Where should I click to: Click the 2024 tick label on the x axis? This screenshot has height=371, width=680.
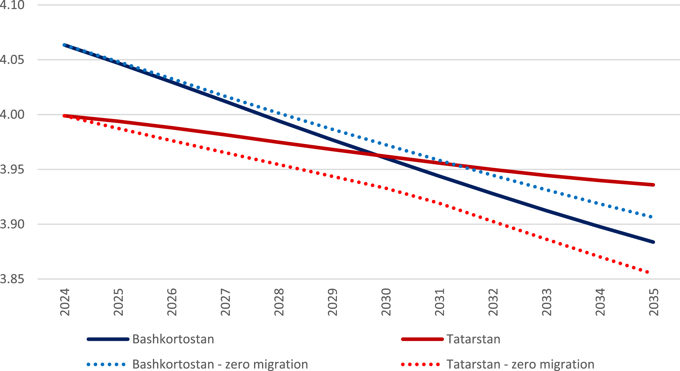click(65, 302)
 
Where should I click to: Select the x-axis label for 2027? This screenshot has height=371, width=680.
click(226, 302)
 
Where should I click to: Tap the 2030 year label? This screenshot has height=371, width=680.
click(386, 302)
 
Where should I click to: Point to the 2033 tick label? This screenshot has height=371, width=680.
click(546, 302)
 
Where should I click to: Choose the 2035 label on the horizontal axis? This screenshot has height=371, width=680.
click(654, 302)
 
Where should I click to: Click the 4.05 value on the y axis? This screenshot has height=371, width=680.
click(12, 60)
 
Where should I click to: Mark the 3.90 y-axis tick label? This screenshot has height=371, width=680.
click(12, 224)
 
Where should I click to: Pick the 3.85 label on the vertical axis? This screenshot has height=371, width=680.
click(12, 279)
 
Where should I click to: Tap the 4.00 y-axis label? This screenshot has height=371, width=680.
click(12, 114)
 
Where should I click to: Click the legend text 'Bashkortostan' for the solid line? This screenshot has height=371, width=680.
click(173, 339)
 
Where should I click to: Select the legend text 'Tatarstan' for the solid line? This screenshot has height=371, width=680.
click(473, 339)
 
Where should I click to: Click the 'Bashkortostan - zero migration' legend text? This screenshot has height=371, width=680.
click(220, 364)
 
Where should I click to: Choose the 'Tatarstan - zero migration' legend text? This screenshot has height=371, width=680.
click(520, 364)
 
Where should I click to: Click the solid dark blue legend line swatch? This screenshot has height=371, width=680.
click(108, 339)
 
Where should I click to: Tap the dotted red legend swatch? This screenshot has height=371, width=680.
click(420, 365)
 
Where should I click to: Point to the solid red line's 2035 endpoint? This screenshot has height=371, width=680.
click(653, 185)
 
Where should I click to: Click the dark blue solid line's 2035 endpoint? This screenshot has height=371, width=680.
click(653, 242)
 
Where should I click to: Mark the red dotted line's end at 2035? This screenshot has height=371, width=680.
click(647, 272)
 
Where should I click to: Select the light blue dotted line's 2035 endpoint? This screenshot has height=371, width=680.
click(651, 217)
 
